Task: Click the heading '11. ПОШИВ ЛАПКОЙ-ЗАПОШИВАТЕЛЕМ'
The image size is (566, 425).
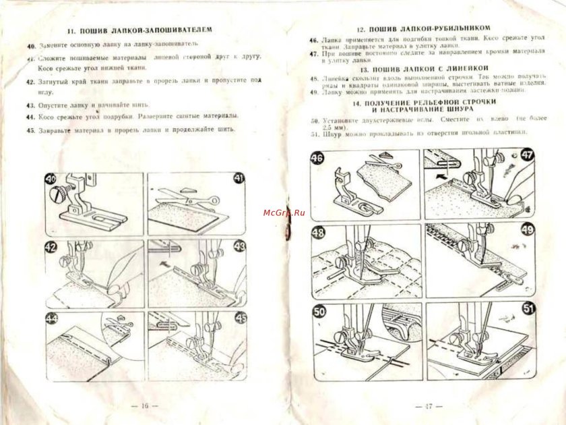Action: point(140,31)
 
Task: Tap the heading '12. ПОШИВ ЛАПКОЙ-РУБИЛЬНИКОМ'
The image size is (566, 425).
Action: point(423,30)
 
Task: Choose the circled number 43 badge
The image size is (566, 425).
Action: point(239,246)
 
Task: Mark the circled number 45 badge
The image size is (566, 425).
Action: point(239,318)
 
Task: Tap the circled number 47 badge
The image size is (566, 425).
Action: point(527,154)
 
